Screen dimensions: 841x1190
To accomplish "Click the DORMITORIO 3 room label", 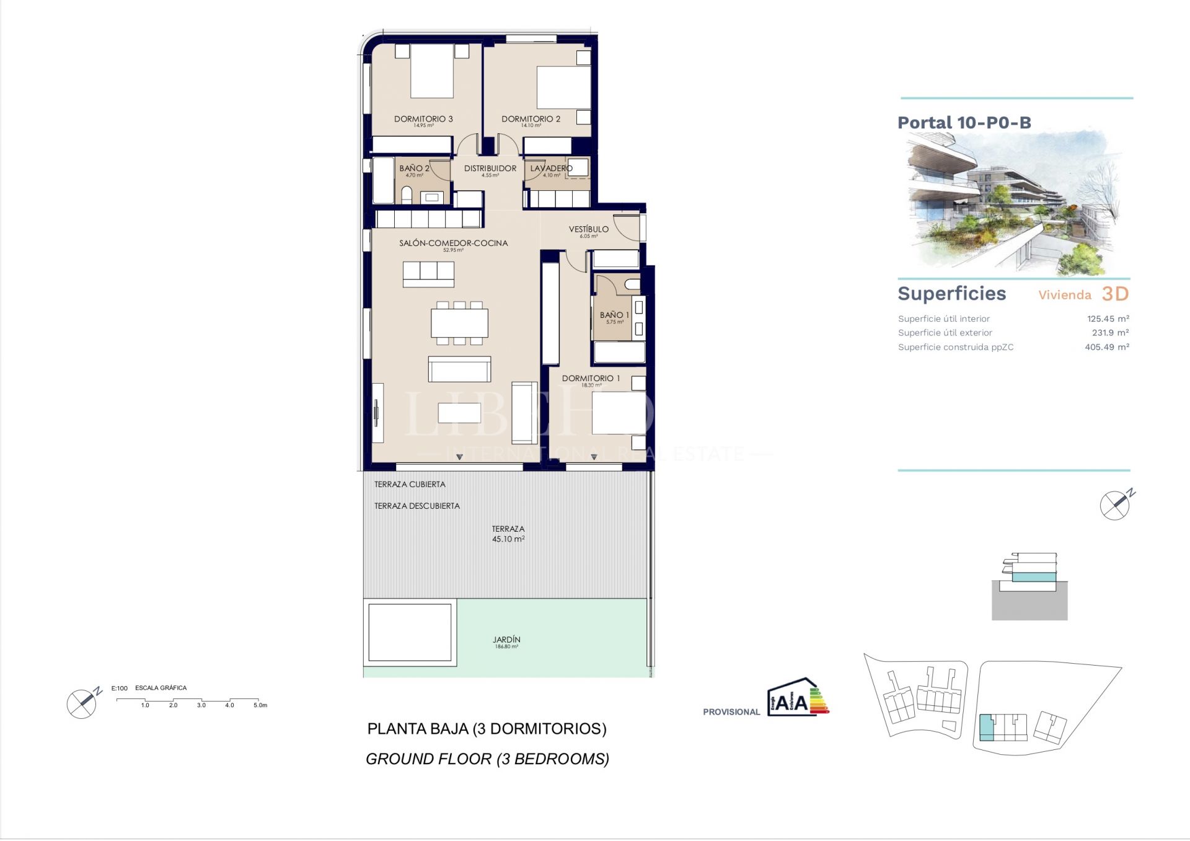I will tap(423, 119).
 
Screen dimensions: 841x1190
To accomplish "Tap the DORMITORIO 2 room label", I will tap(531, 119).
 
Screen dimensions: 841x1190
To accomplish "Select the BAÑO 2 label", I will tap(414, 169).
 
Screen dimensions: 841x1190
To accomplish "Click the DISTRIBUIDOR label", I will tap(490, 169).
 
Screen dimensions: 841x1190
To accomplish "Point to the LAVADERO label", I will tap(551, 169).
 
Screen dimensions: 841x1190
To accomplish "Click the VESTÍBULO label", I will tap(588, 229).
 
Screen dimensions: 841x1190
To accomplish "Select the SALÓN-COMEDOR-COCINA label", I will tap(453, 244).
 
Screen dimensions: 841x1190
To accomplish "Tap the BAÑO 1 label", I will tap(614, 315).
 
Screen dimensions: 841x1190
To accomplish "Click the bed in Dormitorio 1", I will tap(619, 412).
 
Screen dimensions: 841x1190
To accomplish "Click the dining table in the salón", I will tap(459, 323).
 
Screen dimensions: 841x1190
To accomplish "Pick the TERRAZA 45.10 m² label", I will tap(508, 534).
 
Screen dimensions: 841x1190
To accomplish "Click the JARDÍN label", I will tap(506, 640).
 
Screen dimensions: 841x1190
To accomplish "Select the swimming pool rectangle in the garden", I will tap(410, 633).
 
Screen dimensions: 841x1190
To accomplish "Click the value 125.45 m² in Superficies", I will tap(1108, 319).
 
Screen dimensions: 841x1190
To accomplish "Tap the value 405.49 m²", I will tap(1106, 347).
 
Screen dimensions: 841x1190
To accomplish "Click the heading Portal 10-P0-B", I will tap(964, 123).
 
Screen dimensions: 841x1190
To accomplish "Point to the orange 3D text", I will tap(1115, 294).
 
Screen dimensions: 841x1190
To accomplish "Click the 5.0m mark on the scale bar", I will tap(260, 705).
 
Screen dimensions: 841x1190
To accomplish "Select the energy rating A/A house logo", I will tap(798, 698).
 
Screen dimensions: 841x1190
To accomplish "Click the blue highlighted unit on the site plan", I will tap(985, 728).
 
